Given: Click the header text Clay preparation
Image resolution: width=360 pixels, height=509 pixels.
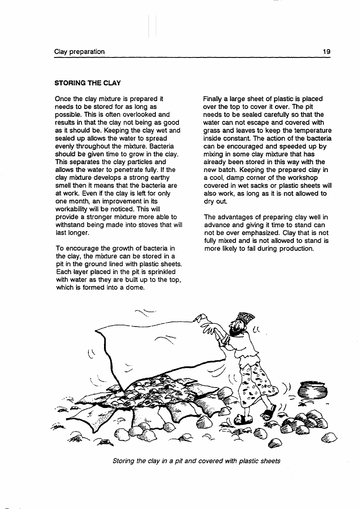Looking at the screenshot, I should click(79, 52).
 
